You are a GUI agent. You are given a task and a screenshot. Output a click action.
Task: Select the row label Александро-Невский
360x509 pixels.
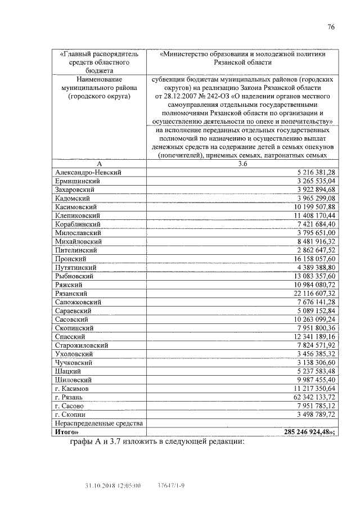(x=88, y=172)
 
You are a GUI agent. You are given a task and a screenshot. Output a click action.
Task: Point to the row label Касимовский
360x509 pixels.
(x=78, y=207)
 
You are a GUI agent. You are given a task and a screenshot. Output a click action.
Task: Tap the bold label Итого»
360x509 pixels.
(x=66, y=432)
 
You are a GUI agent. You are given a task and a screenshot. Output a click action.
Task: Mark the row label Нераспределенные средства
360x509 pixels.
(x=98, y=423)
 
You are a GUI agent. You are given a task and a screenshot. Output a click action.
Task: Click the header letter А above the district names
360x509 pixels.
(x=99, y=164)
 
